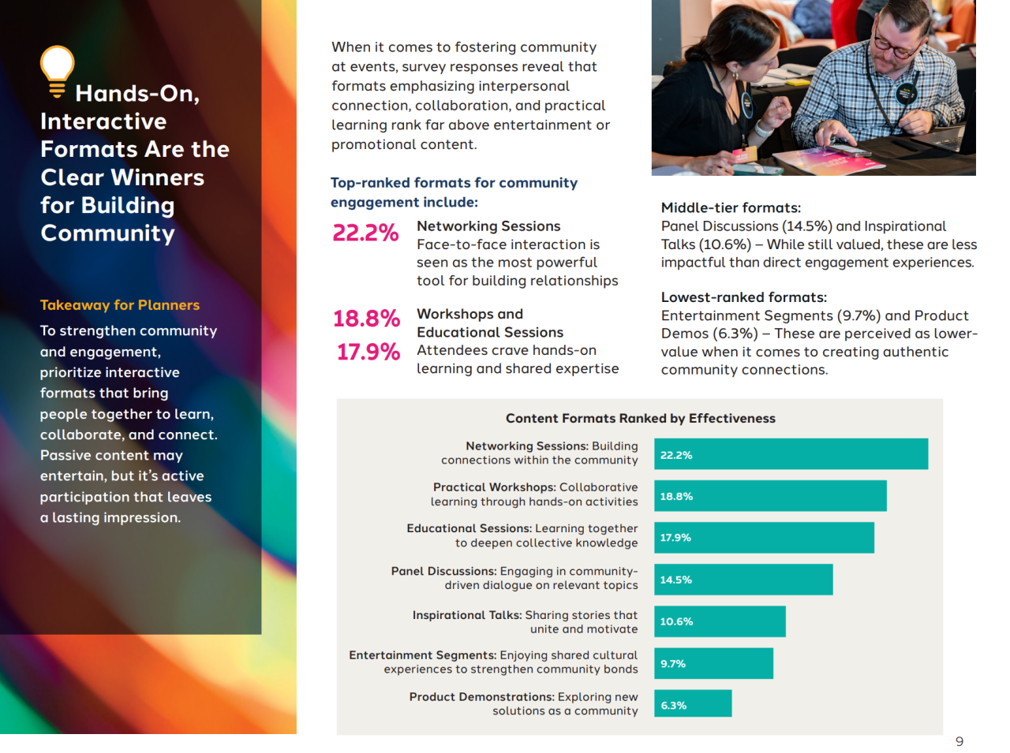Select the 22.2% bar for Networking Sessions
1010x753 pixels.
pos(791,454)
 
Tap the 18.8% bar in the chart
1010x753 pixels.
pos(770,496)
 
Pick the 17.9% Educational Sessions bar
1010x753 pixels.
pos(764,538)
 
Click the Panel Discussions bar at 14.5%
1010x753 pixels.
pos(743,580)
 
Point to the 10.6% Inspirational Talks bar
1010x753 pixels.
pos(720,621)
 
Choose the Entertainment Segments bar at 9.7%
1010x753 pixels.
pos(713,663)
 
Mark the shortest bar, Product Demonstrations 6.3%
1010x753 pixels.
pos(693,704)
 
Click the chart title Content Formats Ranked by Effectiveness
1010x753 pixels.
pos(640,419)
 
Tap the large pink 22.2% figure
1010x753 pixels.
pos(365,233)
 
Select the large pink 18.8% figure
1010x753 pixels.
pos(366,319)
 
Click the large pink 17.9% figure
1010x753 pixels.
pos(368,352)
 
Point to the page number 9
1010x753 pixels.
pos(959,741)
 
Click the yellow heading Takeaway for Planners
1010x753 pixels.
pos(120,305)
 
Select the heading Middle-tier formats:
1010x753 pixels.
pos(731,208)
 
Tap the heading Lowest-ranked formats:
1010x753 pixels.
pos(743,297)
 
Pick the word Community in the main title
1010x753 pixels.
pos(108,233)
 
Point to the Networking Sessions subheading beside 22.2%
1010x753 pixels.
pos(488,226)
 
